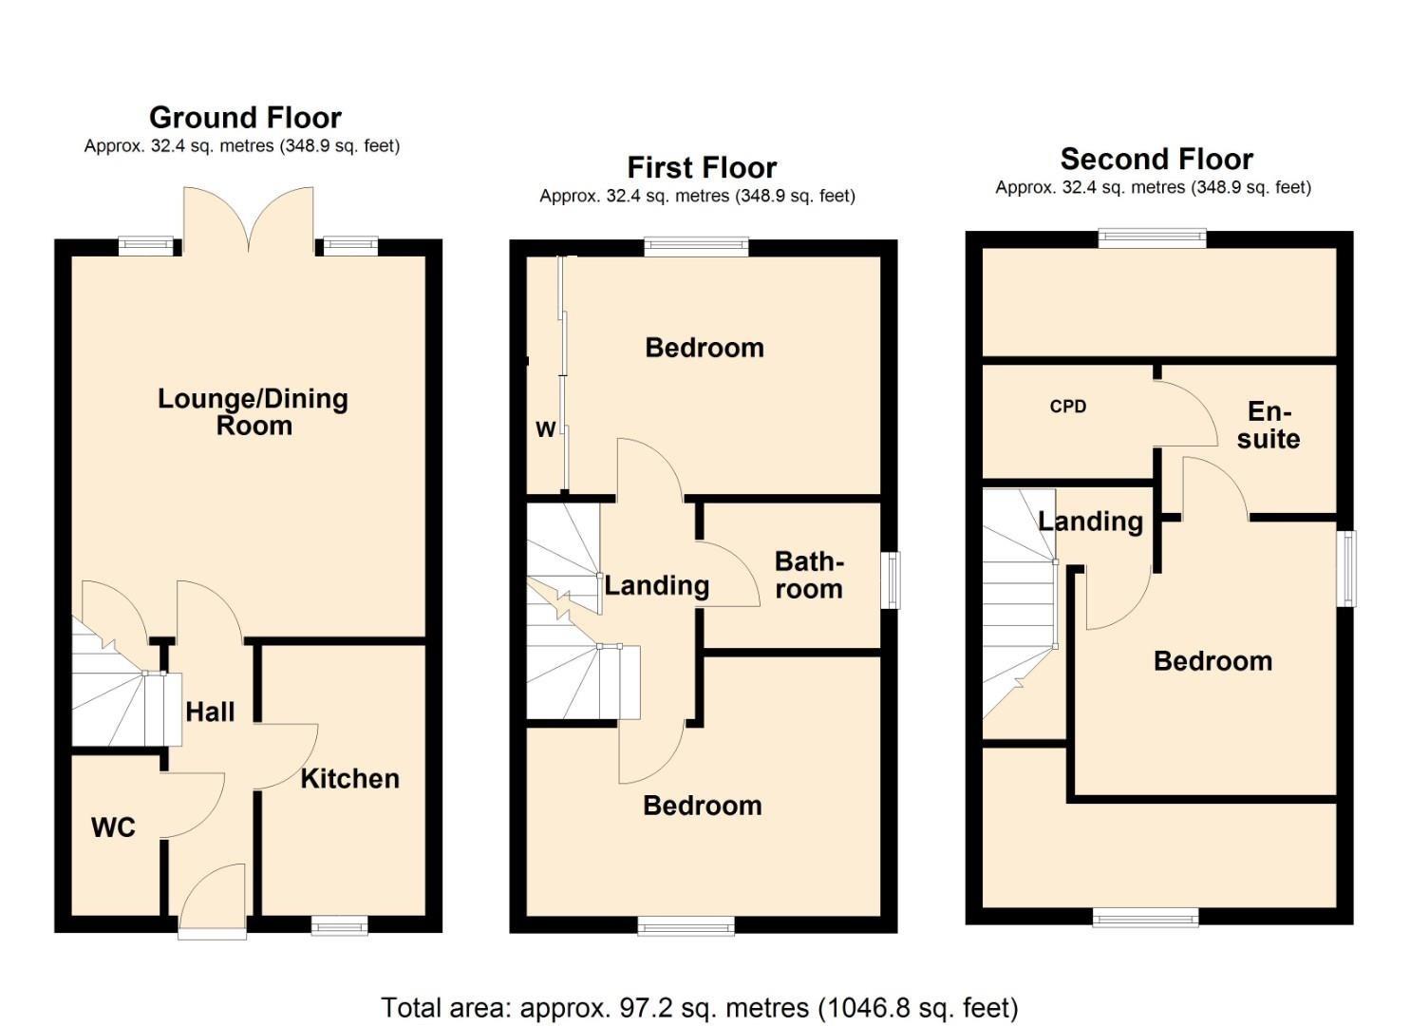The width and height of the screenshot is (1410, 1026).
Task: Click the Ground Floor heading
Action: [x=245, y=118]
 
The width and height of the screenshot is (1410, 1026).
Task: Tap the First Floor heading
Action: [x=702, y=168]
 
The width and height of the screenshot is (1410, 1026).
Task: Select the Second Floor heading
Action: [x=1156, y=159]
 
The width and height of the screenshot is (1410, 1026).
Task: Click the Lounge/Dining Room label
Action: [x=253, y=411]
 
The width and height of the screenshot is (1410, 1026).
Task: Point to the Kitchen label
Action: [x=349, y=779]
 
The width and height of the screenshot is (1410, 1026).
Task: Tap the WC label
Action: [x=113, y=827]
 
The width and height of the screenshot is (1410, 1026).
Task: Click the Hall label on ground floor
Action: [x=210, y=712]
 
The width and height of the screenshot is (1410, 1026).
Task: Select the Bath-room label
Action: [x=808, y=575]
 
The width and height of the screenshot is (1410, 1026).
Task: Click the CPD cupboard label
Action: [x=1067, y=407]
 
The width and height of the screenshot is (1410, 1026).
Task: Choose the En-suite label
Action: [x=1269, y=425]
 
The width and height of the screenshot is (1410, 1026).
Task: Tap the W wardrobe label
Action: [x=545, y=430]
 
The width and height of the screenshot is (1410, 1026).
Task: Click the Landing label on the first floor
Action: [x=657, y=585]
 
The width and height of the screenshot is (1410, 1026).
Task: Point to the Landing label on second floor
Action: [x=1090, y=522]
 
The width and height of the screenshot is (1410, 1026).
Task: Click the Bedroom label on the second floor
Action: [x=1213, y=661]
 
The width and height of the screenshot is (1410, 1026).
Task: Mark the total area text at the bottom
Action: [x=700, y=1007]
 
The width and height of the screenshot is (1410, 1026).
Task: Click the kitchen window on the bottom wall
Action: [x=340, y=924]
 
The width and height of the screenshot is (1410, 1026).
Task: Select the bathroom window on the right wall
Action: [x=891, y=580]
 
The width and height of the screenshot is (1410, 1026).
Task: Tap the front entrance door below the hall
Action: [x=213, y=902]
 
